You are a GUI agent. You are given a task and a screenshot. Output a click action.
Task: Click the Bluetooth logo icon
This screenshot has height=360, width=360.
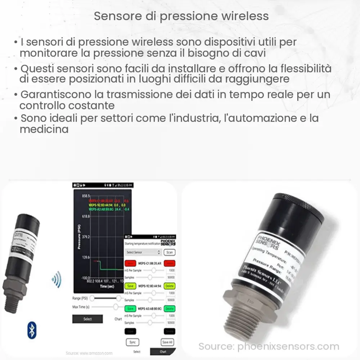click(x=32, y=331)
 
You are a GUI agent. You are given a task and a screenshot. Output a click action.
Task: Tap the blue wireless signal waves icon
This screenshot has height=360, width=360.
click(x=57, y=279)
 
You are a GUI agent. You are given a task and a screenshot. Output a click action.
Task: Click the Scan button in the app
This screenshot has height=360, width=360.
click(x=170, y=252)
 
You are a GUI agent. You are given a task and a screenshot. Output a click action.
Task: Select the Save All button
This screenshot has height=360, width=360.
click(x=167, y=342)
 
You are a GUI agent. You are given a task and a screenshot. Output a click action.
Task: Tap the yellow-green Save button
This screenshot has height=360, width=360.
click(x=130, y=286)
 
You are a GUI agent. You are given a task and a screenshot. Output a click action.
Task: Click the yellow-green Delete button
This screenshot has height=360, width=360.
click(x=170, y=286)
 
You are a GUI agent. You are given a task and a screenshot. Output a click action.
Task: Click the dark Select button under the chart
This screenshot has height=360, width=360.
click(x=87, y=319)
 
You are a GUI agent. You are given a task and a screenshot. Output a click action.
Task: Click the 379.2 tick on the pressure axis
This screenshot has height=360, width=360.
click(x=86, y=237)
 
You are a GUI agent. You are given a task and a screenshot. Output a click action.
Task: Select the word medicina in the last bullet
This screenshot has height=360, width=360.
click(x=44, y=129)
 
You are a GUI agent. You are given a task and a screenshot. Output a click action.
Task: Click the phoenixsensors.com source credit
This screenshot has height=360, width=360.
click(x=269, y=347)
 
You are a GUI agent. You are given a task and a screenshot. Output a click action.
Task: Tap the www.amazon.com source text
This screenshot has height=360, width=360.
click(x=89, y=353)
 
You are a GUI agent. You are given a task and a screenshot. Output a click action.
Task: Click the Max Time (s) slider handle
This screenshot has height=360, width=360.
click(x=116, y=307)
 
